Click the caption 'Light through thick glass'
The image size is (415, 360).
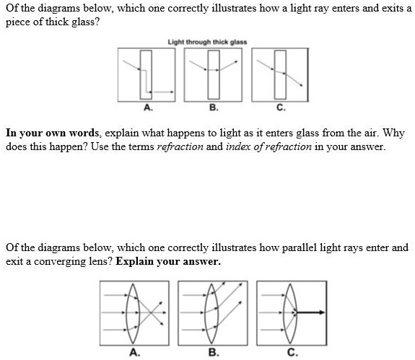pyautogui.click(x=206, y=42)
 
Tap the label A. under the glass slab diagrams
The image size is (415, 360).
pyautogui.click(x=148, y=109)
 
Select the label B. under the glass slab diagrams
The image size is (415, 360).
pyautogui.click(x=212, y=109)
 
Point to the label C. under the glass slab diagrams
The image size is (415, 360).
pyautogui.click(x=279, y=109)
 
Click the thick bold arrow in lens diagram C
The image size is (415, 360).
pyautogui.click(x=308, y=313)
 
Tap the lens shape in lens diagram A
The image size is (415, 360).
pyautogui.click(x=132, y=313)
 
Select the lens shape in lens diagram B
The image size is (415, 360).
pyautogui.click(x=211, y=313)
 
